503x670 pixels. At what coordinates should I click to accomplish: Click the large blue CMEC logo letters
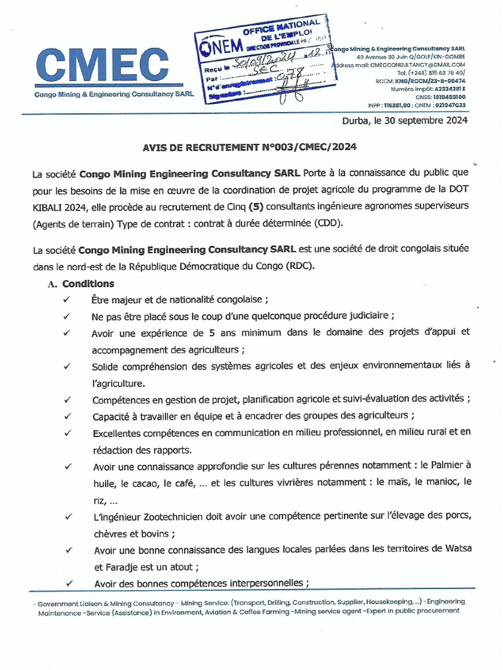(102, 65)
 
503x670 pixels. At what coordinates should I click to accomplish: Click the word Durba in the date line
(356, 121)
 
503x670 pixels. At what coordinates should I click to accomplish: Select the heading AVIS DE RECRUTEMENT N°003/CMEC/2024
(250, 148)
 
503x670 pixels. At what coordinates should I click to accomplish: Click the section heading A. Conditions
(81, 284)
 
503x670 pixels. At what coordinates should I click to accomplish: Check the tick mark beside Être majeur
(66, 300)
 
